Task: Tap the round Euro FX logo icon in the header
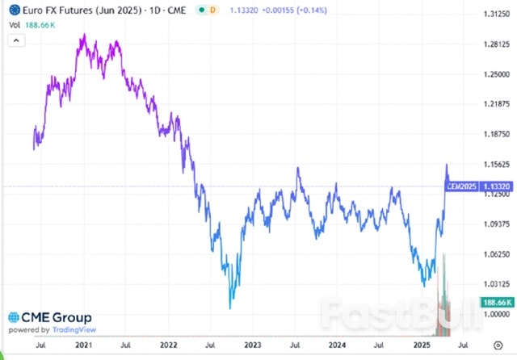[x=14, y=11]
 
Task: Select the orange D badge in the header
[x=212, y=11]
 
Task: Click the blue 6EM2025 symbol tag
[x=460, y=186]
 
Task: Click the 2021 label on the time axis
[x=83, y=345]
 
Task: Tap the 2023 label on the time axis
[x=254, y=345]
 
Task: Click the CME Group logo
[x=49, y=317]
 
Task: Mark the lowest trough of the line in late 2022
[x=231, y=308]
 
